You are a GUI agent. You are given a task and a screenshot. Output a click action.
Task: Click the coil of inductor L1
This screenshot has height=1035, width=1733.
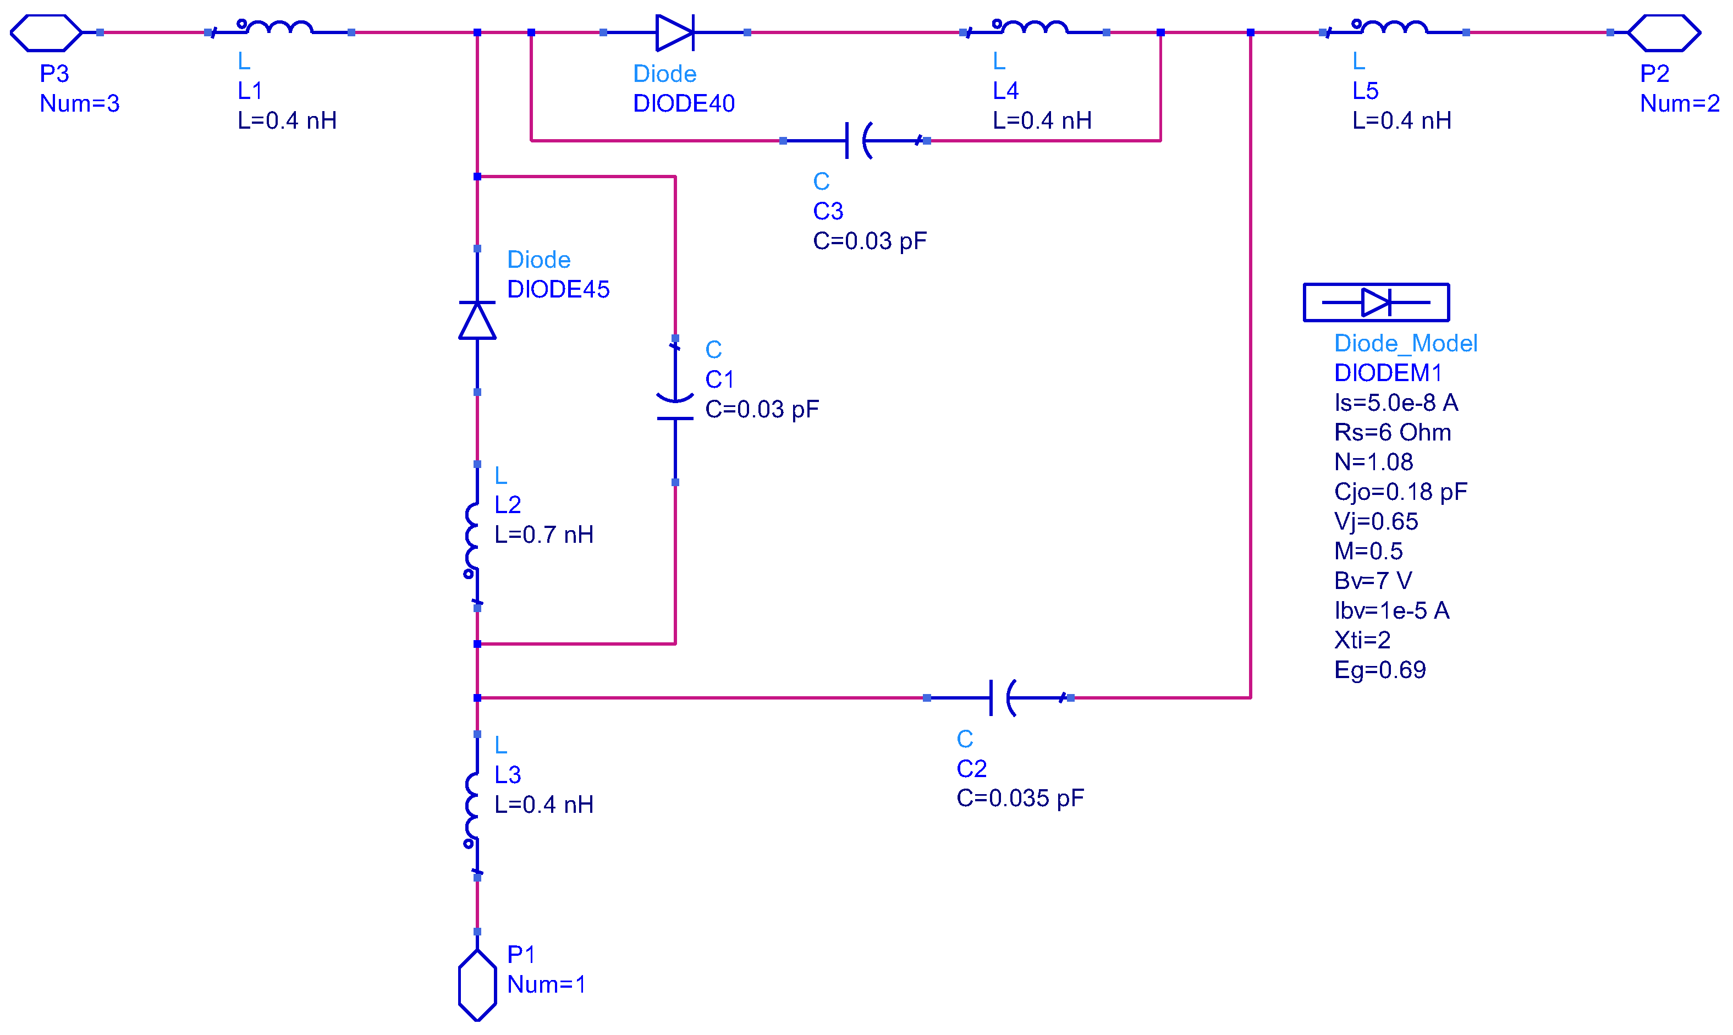click(279, 29)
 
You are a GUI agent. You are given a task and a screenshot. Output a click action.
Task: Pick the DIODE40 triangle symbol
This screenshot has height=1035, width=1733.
click(674, 33)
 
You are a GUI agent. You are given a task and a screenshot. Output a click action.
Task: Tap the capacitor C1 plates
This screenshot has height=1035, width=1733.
click(674, 409)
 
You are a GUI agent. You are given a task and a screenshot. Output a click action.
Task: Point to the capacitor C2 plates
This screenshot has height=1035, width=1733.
click(1002, 697)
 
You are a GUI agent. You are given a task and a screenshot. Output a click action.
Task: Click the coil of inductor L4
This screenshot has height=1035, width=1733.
click(1034, 29)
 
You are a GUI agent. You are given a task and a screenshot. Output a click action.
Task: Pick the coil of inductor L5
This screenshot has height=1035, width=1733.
click(1394, 29)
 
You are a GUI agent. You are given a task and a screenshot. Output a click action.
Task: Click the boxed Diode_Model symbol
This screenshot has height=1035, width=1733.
click(1376, 302)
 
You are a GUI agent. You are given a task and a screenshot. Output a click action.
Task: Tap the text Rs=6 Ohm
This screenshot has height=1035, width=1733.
click(1392, 432)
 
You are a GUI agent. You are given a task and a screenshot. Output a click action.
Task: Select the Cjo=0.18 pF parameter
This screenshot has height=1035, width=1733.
click(1400, 492)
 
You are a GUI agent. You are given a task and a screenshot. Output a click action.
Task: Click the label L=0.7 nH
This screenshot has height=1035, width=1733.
click(544, 535)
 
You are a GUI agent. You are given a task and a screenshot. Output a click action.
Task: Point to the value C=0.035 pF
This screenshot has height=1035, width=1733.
click(1020, 798)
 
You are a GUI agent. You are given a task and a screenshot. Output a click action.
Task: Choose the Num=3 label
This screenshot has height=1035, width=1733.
click(80, 103)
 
